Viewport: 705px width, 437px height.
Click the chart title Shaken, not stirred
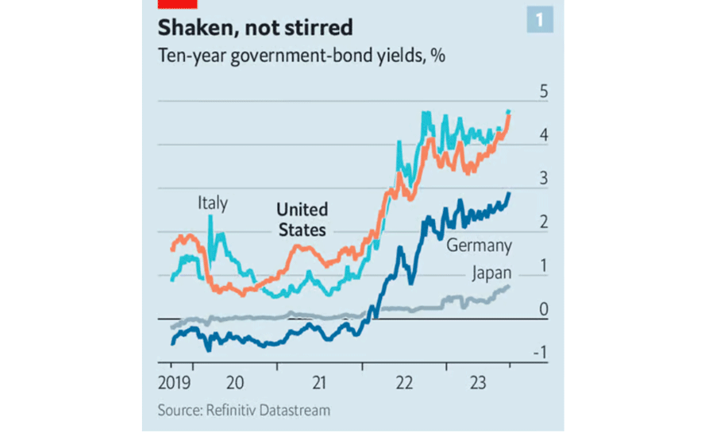pyautogui.click(x=255, y=28)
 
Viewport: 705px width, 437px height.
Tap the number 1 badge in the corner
pyautogui.click(x=540, y=19)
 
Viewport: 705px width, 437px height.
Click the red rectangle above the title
pyautogui.click(x=170, y=3)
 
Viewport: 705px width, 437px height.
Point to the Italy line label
pyautogui.click(x=213, y=204)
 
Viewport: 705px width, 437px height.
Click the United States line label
pyautogui.click(x=302, y=220)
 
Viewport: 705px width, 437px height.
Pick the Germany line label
pyautogui.click(x=479, y=246)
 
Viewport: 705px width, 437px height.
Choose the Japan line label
pyautogui.click(x=491, y=274)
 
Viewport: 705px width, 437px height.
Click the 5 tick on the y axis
pyautogui.click(x=544, y=92)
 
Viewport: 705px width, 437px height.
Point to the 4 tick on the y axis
pyautogui.click(x=544, y=136)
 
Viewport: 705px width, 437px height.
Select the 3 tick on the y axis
pyautogui.click(x=544, y=180)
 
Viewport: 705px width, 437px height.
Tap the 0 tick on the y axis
pyautogui.click(x=544, y=310)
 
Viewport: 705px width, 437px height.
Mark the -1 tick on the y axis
pyautogui.click(x=541, y=354)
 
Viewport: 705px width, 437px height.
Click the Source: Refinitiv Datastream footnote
pyautogui.click(x=244, y=411)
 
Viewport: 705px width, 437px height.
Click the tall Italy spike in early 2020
pyautogui.click(x=210, y=218)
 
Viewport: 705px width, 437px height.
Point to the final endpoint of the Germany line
pyautogui.click(x=509, y=193)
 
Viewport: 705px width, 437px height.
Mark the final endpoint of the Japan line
pyautogui.click(x=508, y=287)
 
